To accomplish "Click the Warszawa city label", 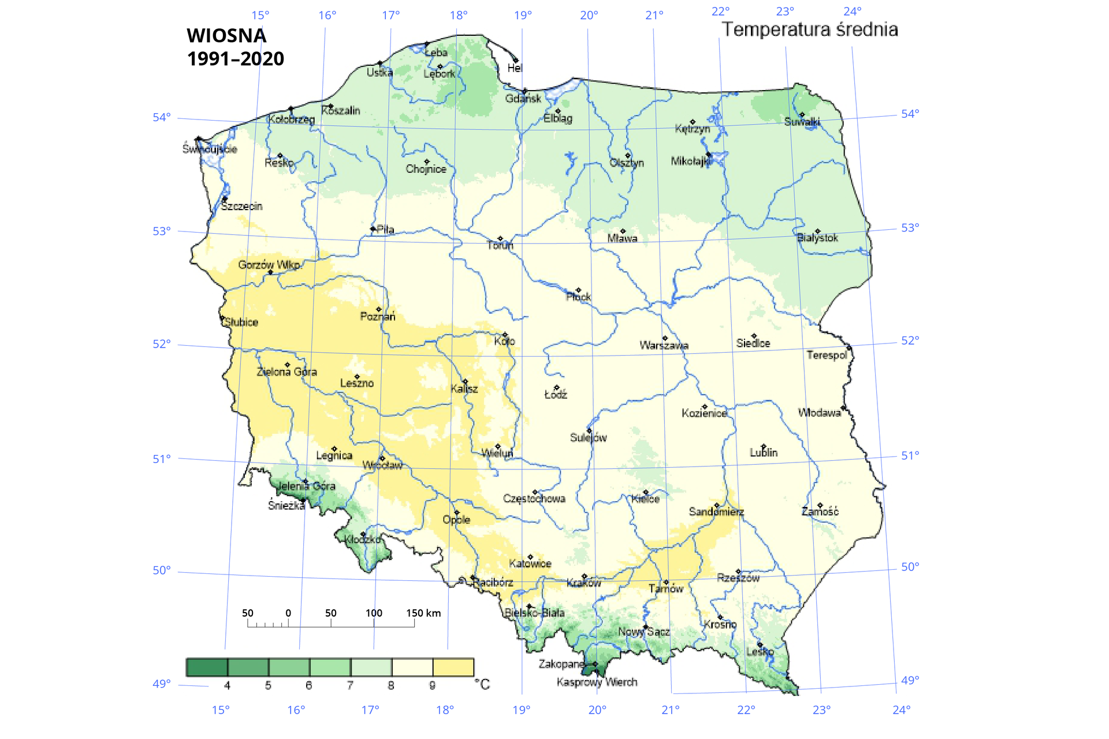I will (x=664, y=345).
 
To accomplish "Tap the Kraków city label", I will (x=583, y=583).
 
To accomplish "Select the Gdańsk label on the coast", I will (x=523, y=99).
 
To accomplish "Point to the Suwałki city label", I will (x=802, y=122).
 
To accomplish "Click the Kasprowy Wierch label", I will (x=597, y=682).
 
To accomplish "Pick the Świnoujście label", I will (x=210, y=149).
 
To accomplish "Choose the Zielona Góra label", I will (x=286, y=372).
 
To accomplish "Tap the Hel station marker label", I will (x=515, y=68).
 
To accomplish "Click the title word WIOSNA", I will (x=226, y=36).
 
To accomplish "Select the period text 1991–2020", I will (x=235, y=59).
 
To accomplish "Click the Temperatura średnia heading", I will (x=810, y=29).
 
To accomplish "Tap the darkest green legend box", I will (x=207, y=667).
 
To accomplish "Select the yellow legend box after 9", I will (x=453, y=667).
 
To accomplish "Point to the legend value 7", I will (x=350, y=686).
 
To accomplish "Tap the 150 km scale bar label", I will (x=423, y=613).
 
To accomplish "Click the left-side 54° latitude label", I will (x=162, y=118).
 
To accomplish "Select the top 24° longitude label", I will (x=853, y=12).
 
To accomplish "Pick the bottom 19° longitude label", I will (x=521, y=710).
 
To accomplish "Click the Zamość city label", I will (x=820, y=512).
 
